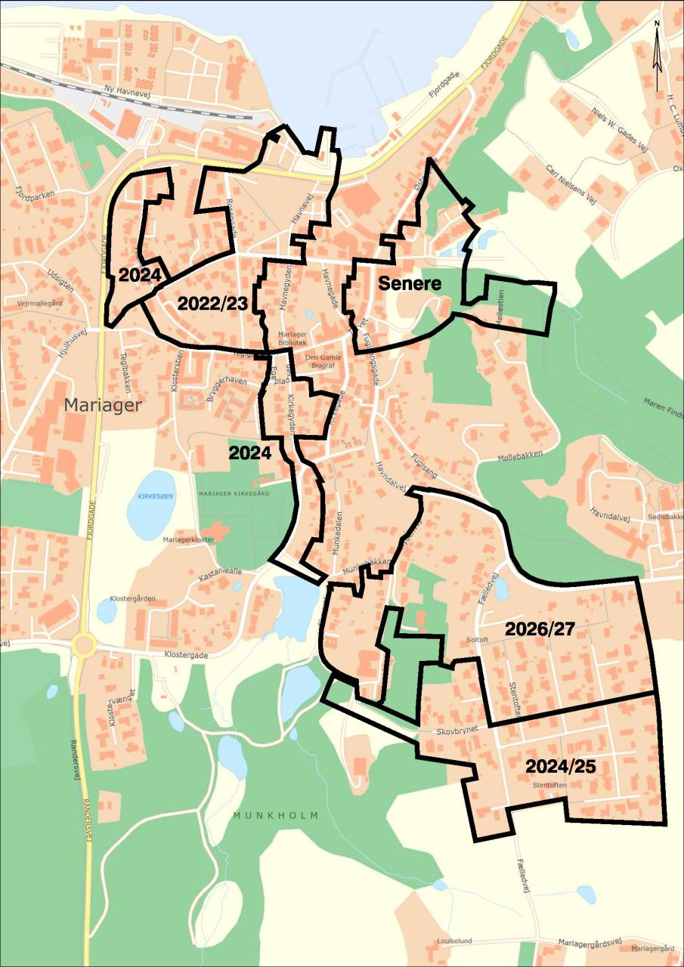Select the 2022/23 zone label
click(212, 304)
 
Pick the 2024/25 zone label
click(561, 766)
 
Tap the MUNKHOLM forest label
click(276, 816)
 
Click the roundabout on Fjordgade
click(83, 646)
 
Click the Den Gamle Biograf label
click(323, 362)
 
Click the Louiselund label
click(454, 941)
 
